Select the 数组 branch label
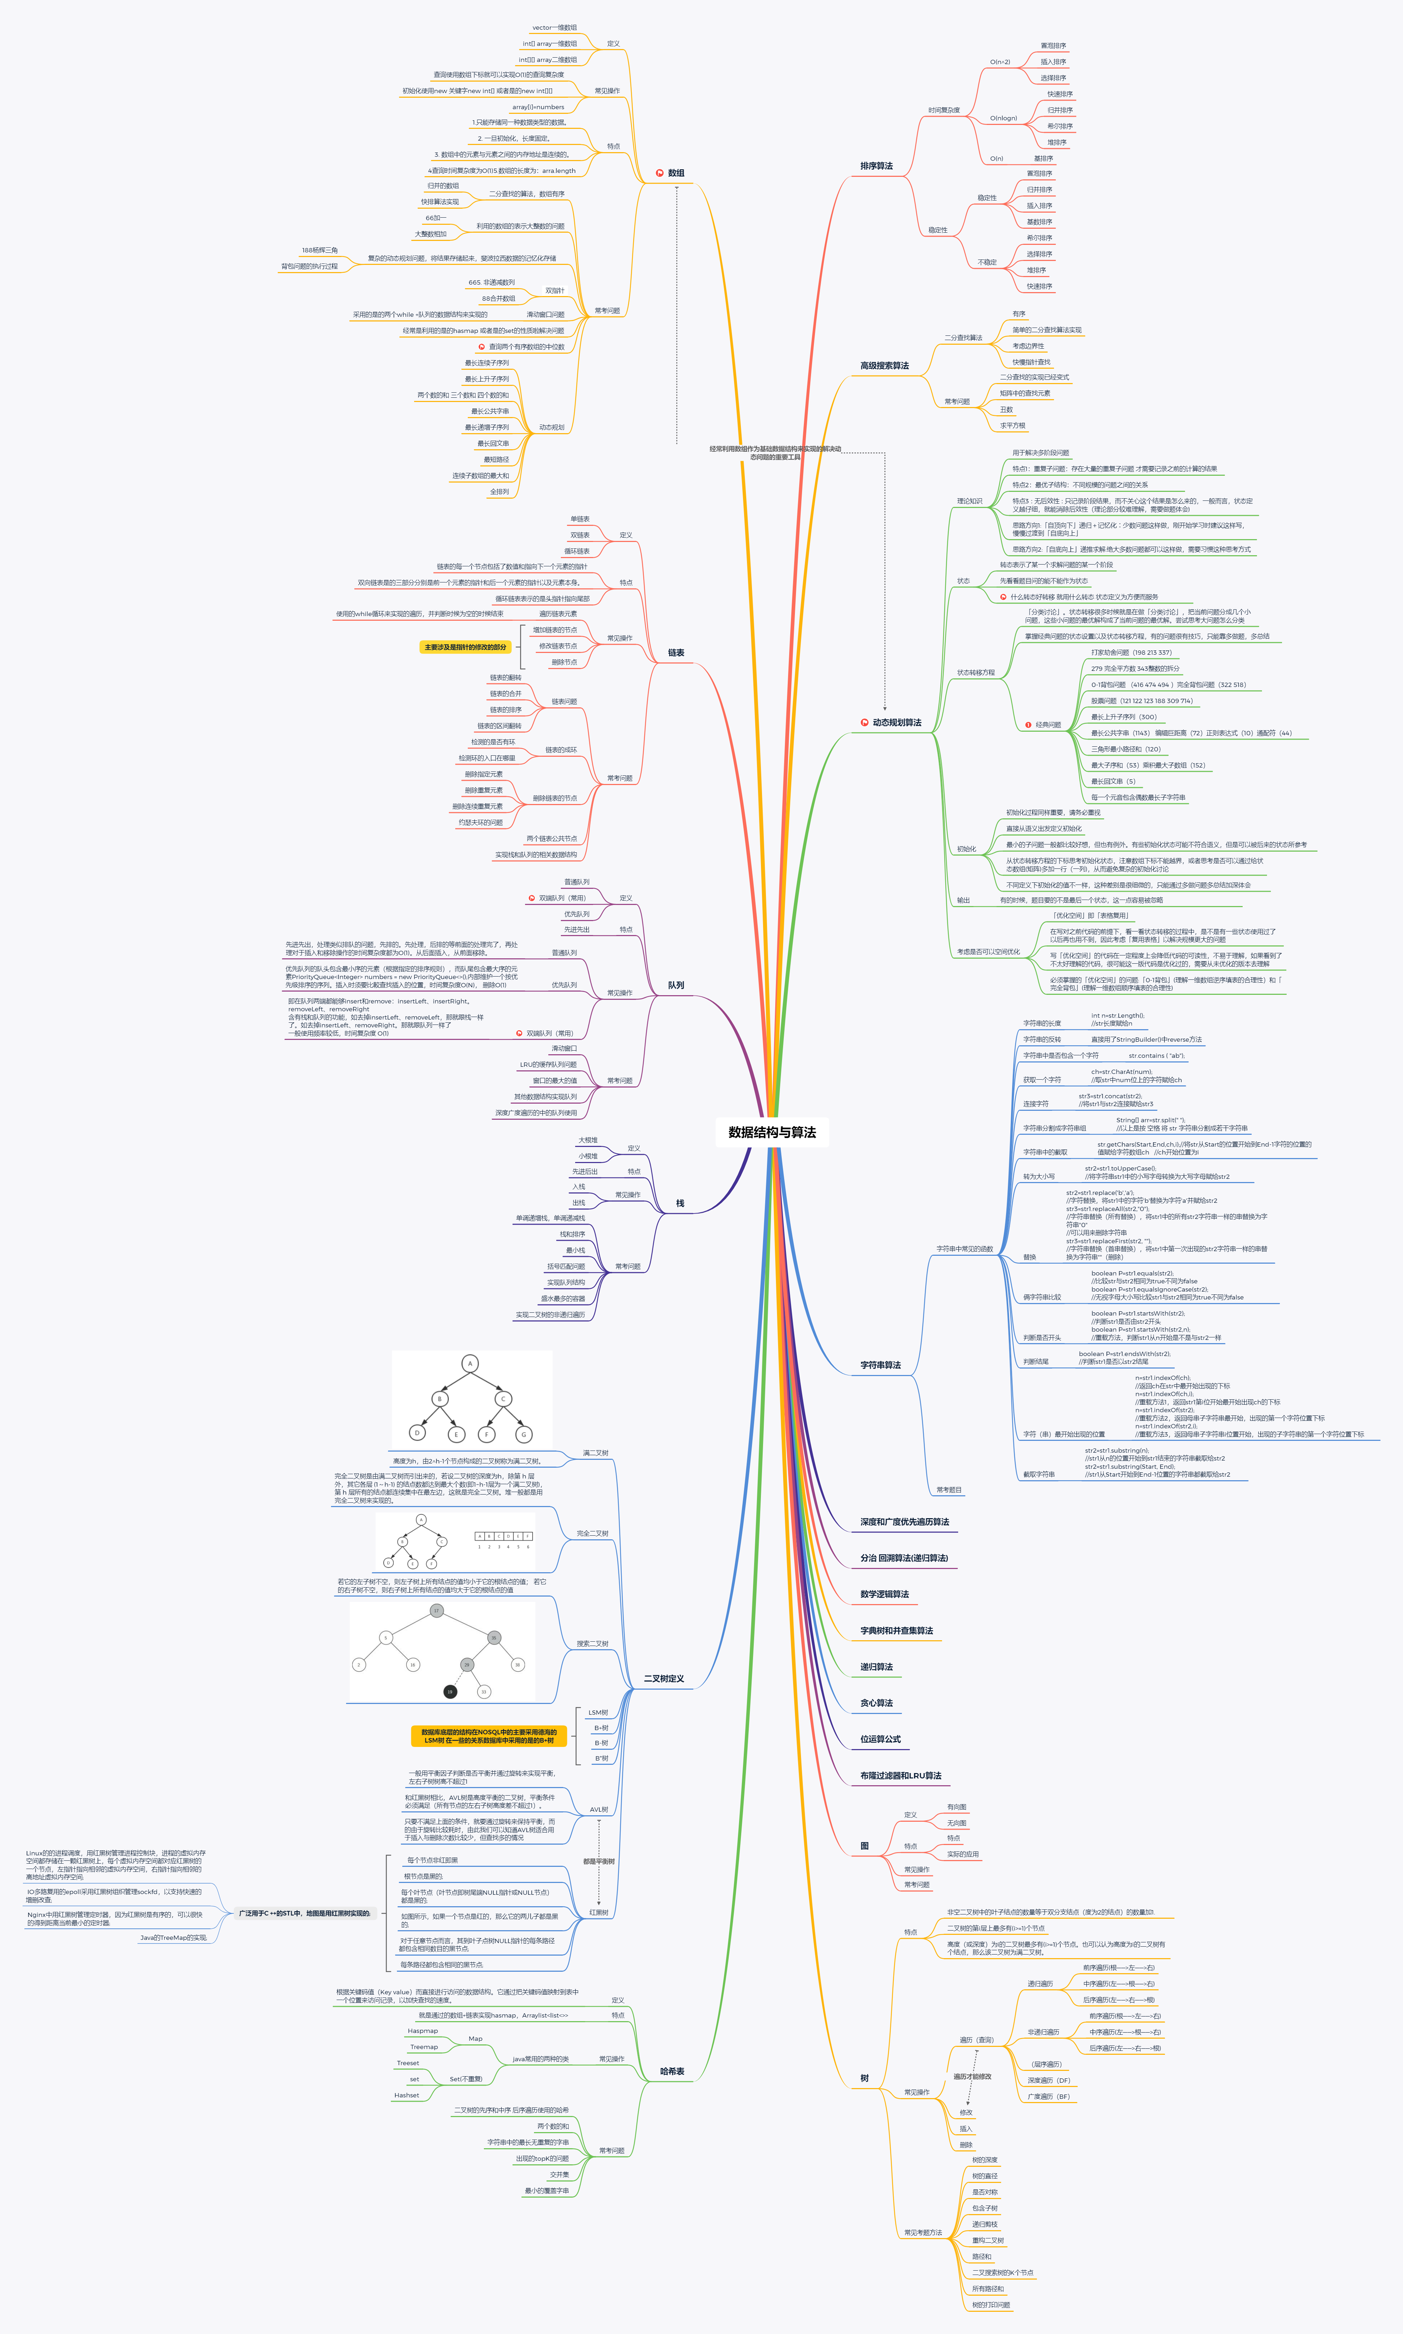(x=676, y=173)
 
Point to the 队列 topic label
(x=676, y=985)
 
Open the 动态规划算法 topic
(x=896, y=722)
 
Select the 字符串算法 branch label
(x=880, y=1365)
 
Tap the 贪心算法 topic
(x=877, y=1704)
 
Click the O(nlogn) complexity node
(x=1003, y=118)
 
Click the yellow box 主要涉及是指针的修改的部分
(x=465, y=648)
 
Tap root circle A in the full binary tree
(x=470, y=1363)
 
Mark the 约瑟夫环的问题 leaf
(x=480, y=822)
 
